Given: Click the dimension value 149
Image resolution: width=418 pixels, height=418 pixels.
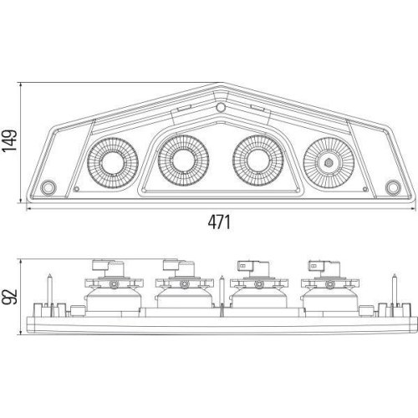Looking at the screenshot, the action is pyautogui.click(x=9, y=140).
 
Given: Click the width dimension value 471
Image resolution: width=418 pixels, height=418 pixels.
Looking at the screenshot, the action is pyautogui.click(x=219, y=222).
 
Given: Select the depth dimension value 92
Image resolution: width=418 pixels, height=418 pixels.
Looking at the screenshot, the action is pyautogui.click(x=9, y=297).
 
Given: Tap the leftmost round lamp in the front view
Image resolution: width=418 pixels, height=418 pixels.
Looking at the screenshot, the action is pyautogui.click(x=113, y=163).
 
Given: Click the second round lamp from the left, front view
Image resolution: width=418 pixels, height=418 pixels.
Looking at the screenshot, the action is pyautogui.click(x=183, y=161).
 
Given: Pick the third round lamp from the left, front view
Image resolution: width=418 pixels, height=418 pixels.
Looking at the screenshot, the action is pyautogui.click(x=258, y=161).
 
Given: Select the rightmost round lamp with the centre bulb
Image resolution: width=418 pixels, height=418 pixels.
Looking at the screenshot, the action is pyautogui.click(x=329, y=163).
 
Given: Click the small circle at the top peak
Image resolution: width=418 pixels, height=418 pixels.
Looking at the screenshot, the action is pyautogui.click(x=221, y=107).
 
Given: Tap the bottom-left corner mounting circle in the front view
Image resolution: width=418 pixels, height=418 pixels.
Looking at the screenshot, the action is pyautogui.click(x=48, y=187).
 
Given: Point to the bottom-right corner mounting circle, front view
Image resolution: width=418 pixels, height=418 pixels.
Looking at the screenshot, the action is pyautogui.click(x=393, y=187).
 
